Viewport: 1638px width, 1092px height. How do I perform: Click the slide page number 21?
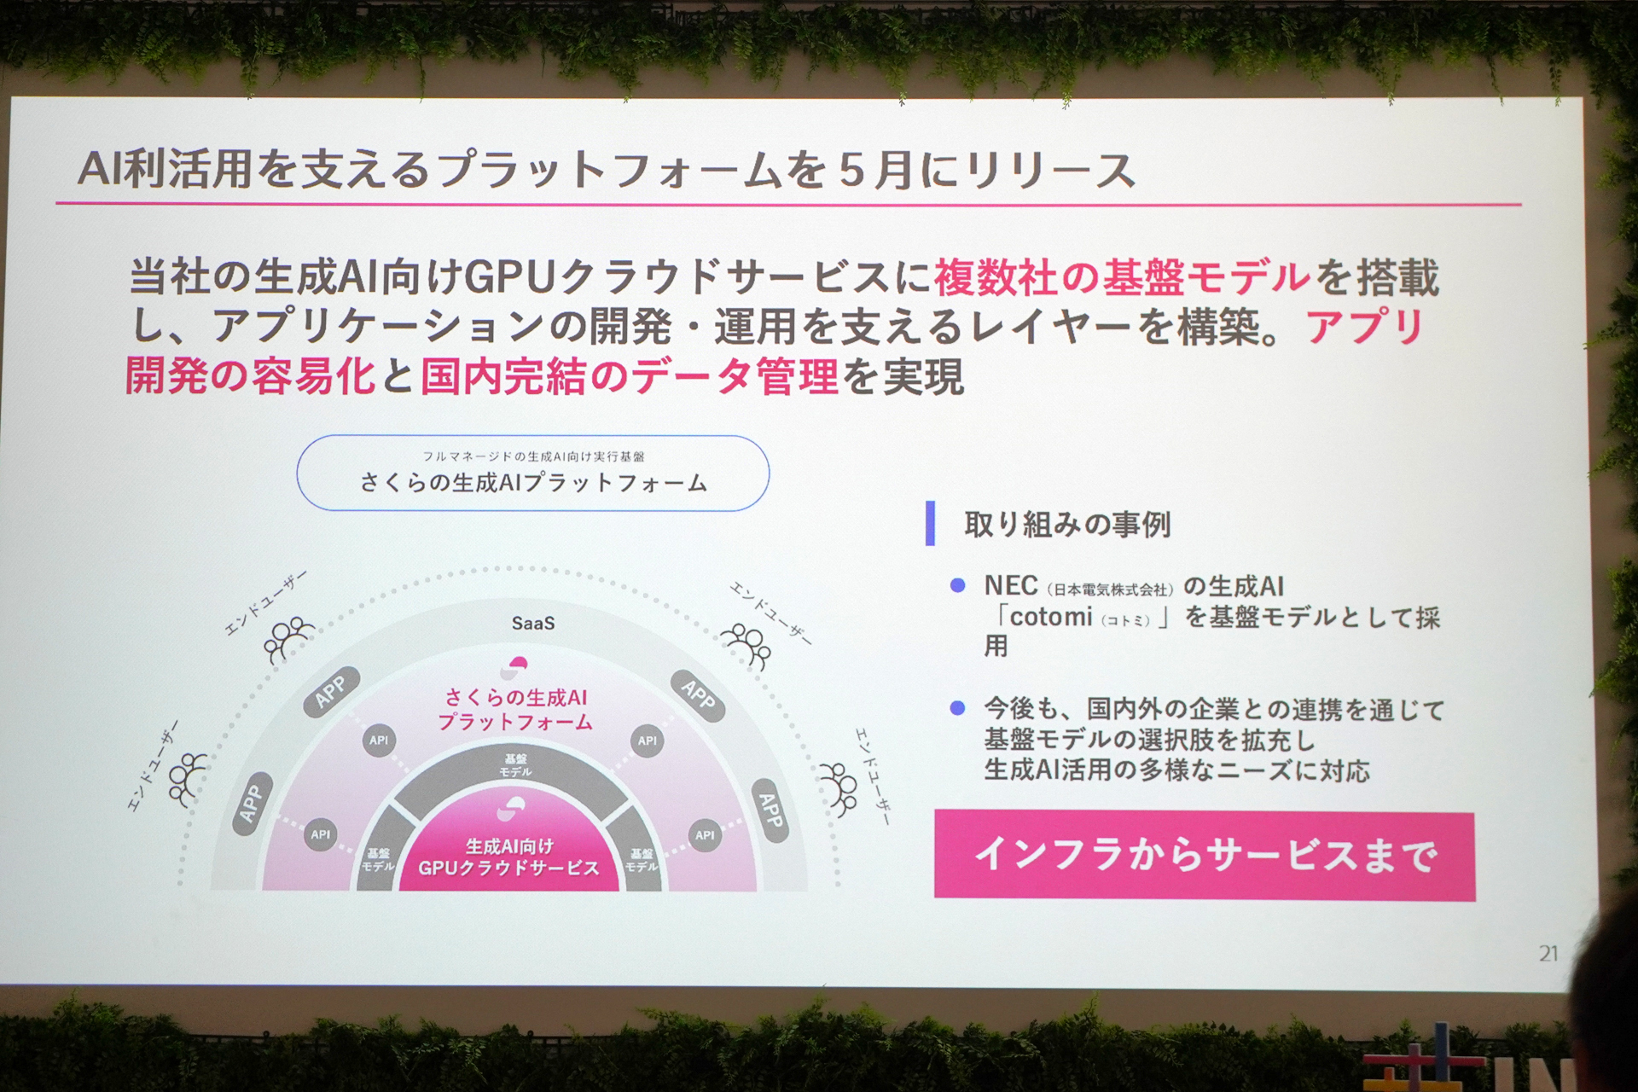click(1548, 953)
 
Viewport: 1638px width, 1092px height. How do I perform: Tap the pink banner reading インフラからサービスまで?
click(1204, 855)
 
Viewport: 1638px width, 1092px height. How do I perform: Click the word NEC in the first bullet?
click(1010, 586)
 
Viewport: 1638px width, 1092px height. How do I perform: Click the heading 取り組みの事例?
click(1066, 524)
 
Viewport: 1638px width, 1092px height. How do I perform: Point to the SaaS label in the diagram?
click(533, 624)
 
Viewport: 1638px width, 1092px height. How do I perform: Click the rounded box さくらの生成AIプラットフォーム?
click(533, 473)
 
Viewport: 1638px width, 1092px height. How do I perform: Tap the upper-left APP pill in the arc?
click(331, 691)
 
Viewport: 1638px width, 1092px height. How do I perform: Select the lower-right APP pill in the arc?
click(770, 810)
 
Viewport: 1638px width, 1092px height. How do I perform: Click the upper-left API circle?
click(379, 741)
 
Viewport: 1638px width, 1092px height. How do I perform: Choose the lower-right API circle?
click(705, 834)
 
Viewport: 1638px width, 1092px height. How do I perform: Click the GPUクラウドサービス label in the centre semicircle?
click(508, 868)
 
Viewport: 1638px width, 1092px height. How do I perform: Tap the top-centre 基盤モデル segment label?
click(515, 764)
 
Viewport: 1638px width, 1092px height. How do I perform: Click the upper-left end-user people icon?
click(288, 638)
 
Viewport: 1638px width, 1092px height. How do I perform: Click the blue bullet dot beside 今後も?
click(957, 708)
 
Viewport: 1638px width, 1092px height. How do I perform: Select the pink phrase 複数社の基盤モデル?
click(1122, 277)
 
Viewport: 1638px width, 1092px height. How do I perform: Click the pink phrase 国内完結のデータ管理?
click(629, 376)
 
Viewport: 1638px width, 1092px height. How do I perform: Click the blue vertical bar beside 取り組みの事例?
click(931, 523)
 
